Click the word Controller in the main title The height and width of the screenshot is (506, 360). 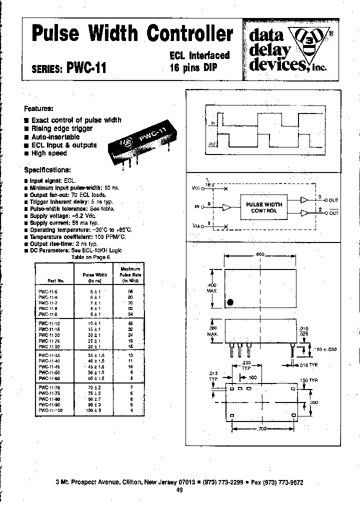190,33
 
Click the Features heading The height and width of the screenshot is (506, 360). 38,108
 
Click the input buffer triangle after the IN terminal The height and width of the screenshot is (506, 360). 227,206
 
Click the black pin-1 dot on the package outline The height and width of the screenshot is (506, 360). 230,302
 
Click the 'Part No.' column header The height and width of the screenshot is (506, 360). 52,280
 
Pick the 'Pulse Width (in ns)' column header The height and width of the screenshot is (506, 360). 94,277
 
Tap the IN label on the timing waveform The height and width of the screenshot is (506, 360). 212,122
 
